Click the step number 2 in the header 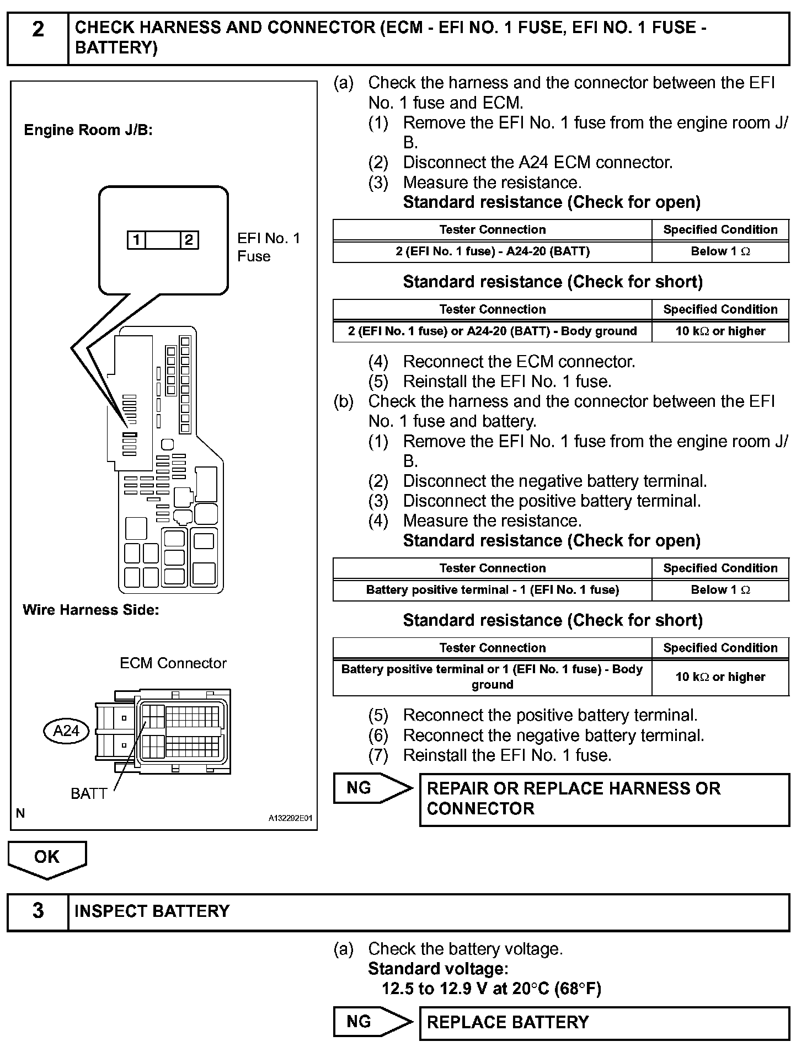(38, 29)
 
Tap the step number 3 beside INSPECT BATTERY (38, 910)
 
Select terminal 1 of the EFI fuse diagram (136, 240)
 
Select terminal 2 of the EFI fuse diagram (189, 240)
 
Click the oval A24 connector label (66, 731)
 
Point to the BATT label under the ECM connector (88, 793)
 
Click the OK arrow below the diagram (47, 858)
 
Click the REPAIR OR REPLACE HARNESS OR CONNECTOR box (604, 799)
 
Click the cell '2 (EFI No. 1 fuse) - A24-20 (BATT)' (492, 251)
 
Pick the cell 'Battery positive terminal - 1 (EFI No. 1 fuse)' (492, 590)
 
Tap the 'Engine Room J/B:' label (88, 130)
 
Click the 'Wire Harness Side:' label (90, 610)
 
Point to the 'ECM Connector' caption (173, 663)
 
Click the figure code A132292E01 (290, 818)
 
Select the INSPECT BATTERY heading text (152, 911)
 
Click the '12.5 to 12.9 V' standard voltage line (491, 989)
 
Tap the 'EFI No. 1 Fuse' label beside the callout (269, 247)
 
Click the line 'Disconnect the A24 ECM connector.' (538, 163)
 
